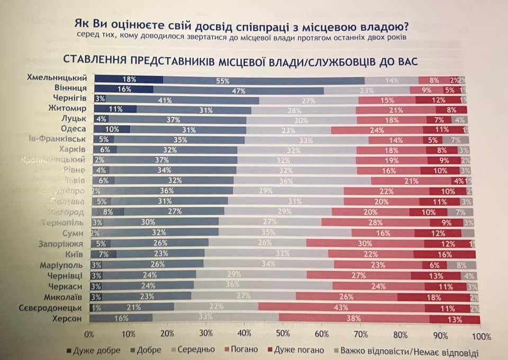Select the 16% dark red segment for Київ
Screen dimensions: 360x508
point(444,255)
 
